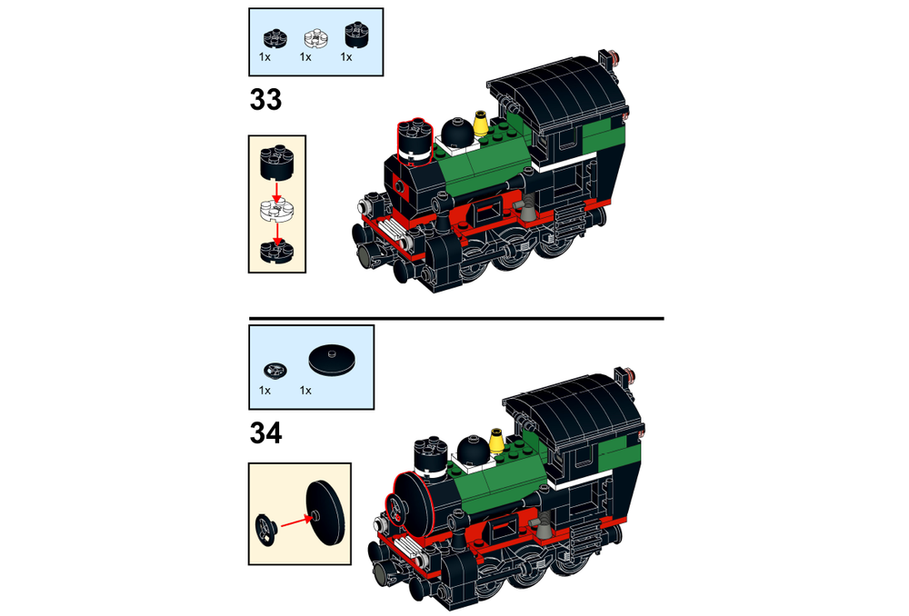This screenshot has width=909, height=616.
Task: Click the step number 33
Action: point(265,99)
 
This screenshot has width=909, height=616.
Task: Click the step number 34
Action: point(265,433)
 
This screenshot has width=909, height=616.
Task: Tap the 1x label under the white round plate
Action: point(305,57)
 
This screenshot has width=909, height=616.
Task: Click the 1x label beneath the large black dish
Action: point(305,391)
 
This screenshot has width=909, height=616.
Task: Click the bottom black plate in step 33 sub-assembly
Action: point(276,250)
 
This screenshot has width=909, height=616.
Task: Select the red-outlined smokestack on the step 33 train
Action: point(414,143)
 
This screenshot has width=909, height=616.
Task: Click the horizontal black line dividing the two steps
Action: point(455,319)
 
